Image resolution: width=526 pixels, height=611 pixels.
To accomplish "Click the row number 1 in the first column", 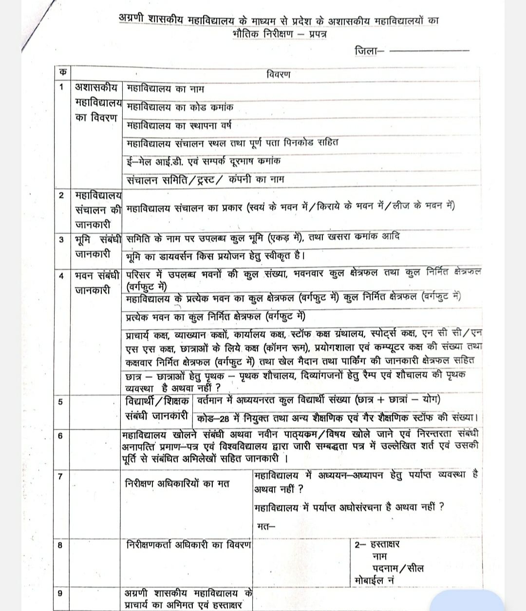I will pyautogui.click(x=61, y=88).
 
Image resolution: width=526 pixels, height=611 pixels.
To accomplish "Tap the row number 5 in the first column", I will pyautogui.click(x=61, y=402).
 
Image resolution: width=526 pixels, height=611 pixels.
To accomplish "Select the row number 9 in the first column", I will pyautogui.click(x=60, y=593).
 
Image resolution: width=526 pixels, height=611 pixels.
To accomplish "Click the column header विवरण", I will pyautogui.click(x=278, y=74).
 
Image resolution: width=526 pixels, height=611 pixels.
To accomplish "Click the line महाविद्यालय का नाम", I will pyautogui.click(x=165, y=89).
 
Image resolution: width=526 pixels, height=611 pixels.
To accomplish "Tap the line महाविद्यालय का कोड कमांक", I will pyautogui.click(x=180, y=107).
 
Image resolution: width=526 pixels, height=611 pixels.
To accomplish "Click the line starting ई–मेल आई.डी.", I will pyautogui.click(x=203, y=161).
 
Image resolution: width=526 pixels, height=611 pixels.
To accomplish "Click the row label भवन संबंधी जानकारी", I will pyautogui.click(x=96, y=282).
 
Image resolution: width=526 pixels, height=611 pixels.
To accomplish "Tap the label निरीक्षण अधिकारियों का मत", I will pyautogui.click(x=177, y=483).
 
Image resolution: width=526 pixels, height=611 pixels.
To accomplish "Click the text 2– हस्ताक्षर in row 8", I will pyautogui.click(x=377, y=544).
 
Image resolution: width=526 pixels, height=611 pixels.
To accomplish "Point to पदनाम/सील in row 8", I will pyautogui.click(x=397, y=568).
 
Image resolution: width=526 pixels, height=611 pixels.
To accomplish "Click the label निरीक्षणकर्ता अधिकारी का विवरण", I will pyautogui.click(x=188, y=545).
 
